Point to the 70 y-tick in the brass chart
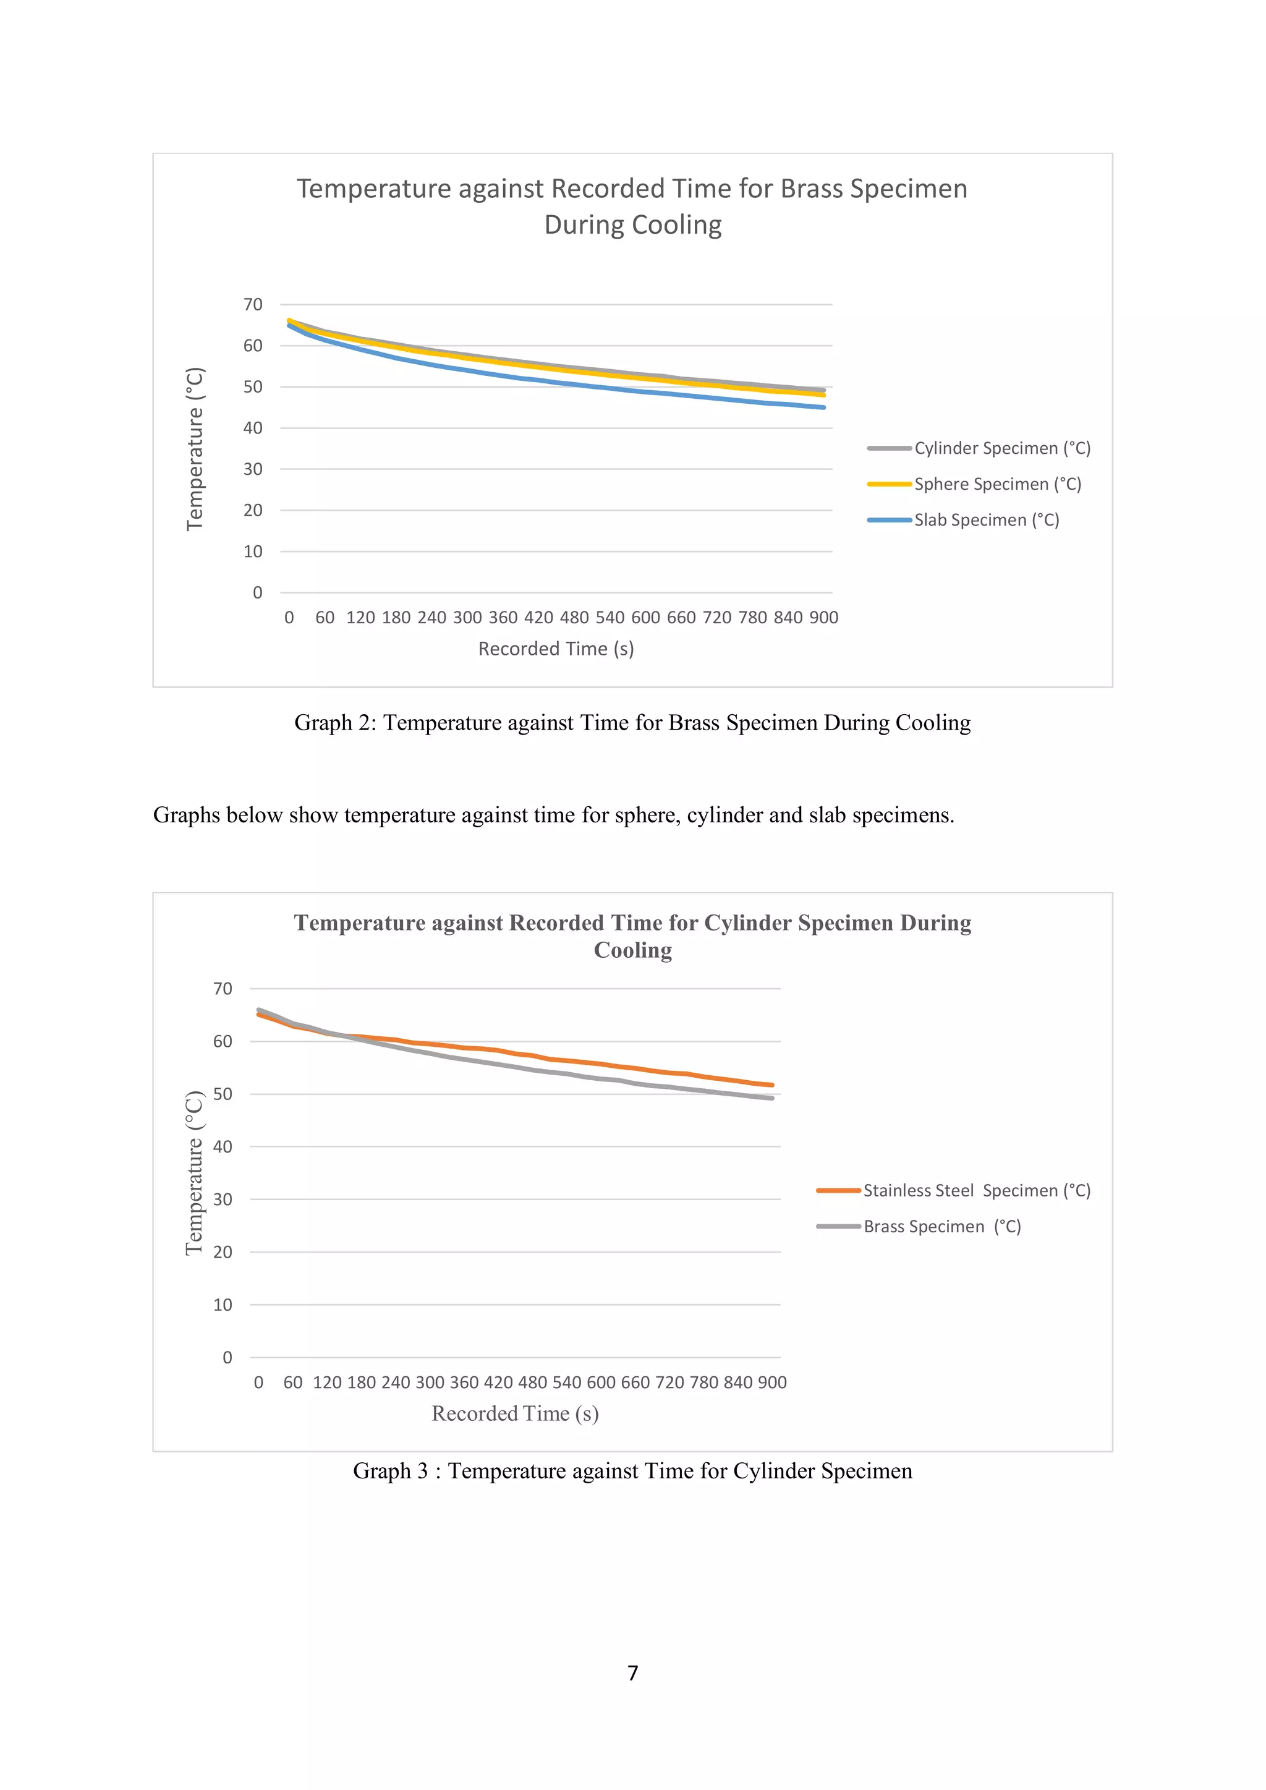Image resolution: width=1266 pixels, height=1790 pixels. coord(253,305)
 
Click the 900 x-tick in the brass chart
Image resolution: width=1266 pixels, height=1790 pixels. coord(823,618)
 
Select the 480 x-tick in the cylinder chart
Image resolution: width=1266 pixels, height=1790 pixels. coord(532,1383)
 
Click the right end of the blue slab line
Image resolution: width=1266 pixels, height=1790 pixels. coord(823,407)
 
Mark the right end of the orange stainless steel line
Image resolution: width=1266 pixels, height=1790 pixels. coord(771,1085)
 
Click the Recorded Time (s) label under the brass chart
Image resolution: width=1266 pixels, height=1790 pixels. coord(556,649)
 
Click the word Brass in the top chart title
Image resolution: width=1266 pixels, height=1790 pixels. coord(811,189)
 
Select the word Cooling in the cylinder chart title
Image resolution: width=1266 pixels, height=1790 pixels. coord(632,950)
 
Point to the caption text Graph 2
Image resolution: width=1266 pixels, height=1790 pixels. coord(334,723)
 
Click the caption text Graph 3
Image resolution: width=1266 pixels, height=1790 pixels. coord(390,1470)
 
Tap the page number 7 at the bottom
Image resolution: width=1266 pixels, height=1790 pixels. coord(632,1673)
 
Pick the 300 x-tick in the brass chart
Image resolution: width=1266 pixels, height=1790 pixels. coord(467,618)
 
